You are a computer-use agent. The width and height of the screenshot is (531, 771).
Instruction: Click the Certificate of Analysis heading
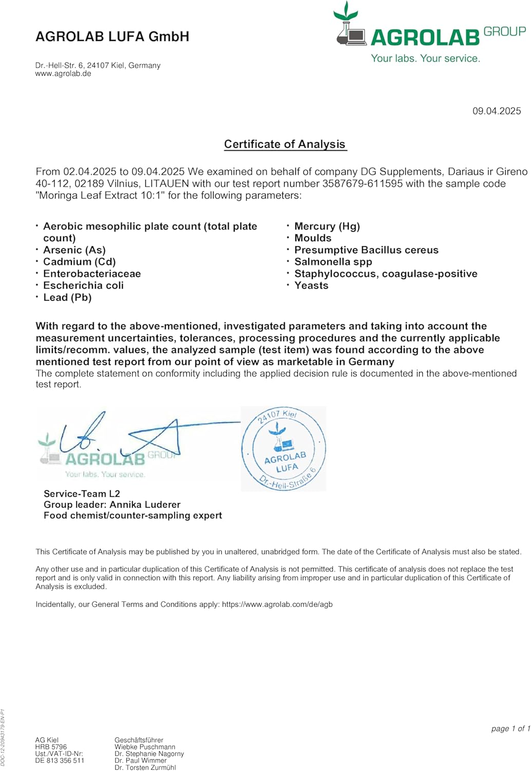[x=285, y=144]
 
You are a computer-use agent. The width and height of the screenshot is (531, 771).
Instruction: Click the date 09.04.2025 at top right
[x=497, y=111]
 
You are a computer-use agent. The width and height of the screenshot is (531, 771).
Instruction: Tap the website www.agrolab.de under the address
[x=63, y=74]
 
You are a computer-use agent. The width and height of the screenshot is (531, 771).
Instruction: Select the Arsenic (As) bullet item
[x=74, y=250]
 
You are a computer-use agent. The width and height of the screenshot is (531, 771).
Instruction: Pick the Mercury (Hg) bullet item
[x=327, y=226]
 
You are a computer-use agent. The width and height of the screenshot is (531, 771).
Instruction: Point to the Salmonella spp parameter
[x=333, y=262]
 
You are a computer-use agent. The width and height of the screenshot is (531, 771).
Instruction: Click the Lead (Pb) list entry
[x=67, y=297]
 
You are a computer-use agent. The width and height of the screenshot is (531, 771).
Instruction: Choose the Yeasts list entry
[x=311, y=285]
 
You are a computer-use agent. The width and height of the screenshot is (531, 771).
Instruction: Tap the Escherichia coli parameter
[x=83, y=285]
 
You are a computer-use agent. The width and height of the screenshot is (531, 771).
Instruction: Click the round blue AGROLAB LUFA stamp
[x=283, y=449]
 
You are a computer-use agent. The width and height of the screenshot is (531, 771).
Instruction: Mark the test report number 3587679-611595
[x=363, y=183]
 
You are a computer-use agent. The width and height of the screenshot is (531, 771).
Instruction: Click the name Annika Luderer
[x=145, y=504]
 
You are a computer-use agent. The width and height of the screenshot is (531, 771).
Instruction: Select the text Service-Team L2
[x=82, y=493]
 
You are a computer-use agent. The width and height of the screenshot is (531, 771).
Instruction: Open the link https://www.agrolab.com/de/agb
[x=277, y=604]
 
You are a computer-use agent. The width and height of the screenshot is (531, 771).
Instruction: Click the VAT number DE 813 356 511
[x=60, y=761]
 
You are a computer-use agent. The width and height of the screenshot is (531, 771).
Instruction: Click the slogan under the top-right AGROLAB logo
[x=426, y=59]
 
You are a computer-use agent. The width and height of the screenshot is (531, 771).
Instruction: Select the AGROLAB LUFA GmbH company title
[x=112, y=36]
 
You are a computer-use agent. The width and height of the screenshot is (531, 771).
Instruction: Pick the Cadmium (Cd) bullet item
[x=80, y=262]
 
